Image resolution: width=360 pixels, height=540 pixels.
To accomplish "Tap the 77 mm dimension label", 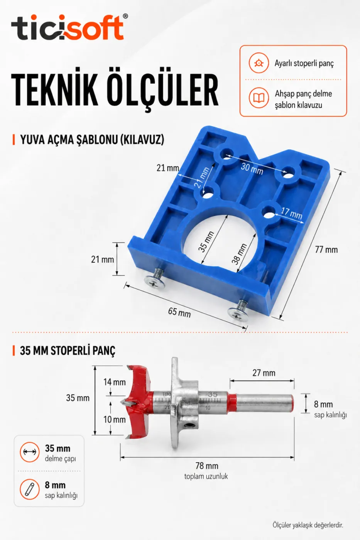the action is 326,250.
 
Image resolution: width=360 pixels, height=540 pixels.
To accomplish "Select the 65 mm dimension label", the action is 179,312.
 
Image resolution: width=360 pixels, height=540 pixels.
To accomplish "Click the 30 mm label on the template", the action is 252,169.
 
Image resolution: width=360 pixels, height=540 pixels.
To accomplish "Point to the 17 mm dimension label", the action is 292,213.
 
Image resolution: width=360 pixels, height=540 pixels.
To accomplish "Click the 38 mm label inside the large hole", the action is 240,254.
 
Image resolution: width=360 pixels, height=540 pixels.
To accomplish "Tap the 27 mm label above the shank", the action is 264,373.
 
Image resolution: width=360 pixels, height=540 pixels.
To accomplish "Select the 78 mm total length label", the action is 207,466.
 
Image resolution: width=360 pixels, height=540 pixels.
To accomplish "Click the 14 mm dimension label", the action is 115,382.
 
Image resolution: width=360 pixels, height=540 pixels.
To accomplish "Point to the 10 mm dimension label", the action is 115,420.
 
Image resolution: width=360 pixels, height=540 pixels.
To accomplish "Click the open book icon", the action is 259,98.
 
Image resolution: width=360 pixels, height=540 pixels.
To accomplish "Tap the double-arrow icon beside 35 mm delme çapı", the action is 29,452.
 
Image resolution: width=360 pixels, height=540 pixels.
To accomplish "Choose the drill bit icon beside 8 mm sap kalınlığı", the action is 29,489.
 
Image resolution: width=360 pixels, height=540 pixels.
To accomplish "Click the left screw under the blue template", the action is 155,279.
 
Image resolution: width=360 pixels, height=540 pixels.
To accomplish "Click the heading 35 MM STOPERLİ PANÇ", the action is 68,351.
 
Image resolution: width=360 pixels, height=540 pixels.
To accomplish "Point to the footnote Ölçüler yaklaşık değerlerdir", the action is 308,525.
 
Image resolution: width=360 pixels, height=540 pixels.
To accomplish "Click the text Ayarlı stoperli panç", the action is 304,63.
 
